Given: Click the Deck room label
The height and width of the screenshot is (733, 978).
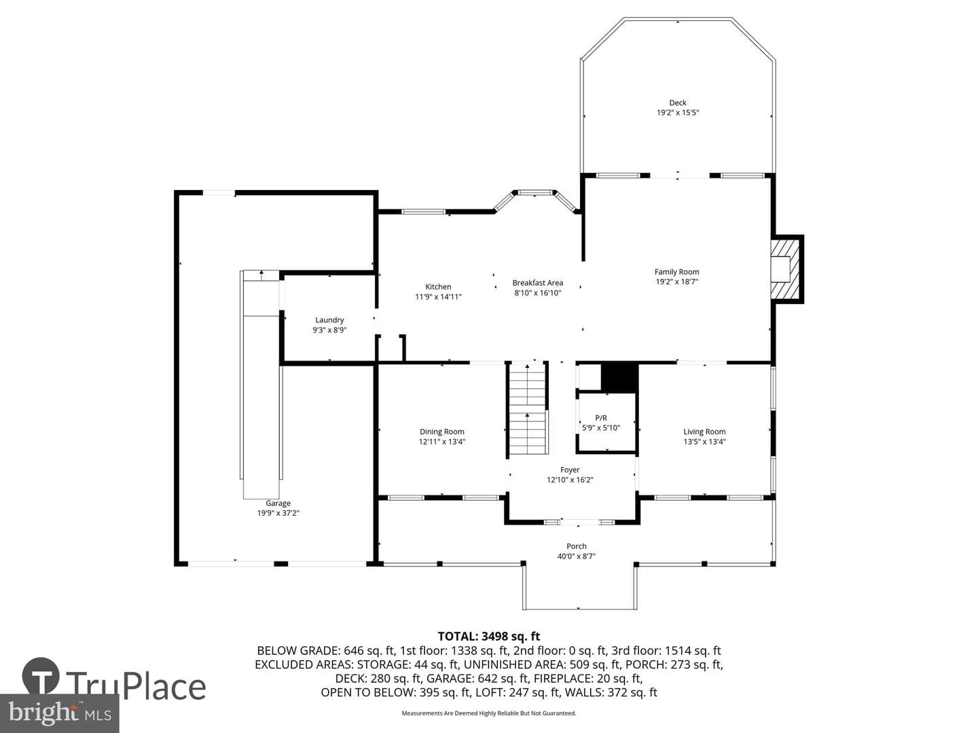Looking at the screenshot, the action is coord(677,102).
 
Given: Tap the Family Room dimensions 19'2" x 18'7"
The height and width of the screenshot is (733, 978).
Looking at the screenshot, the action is coord(676,281).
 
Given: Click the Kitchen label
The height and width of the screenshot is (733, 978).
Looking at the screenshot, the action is coord(438,287).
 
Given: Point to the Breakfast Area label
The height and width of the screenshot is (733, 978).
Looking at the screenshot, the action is coord(537,282).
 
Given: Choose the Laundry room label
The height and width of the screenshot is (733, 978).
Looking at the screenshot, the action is coord(329,320).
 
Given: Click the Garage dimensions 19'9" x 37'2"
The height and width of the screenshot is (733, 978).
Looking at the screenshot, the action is coord(278,512).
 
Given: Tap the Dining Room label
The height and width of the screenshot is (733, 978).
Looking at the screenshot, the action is coord(441,431).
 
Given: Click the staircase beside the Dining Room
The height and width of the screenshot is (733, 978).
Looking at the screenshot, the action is coord(528,408).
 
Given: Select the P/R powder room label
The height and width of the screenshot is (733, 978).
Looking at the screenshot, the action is coord(600,418).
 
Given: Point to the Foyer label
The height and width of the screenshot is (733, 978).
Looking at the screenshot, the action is coord(570,470).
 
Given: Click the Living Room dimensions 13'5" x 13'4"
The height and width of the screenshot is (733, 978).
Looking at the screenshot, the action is coord(704,441).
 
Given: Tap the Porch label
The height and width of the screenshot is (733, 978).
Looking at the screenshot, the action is coord(576,546).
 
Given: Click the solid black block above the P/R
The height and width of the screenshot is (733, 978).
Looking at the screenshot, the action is coord(620,378).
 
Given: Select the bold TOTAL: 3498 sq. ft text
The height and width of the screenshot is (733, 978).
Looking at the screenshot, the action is coord(489,637).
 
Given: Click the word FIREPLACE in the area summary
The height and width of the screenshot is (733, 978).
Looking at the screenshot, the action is coord(560,678).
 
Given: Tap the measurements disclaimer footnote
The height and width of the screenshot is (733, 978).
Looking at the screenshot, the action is coord(489,713).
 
